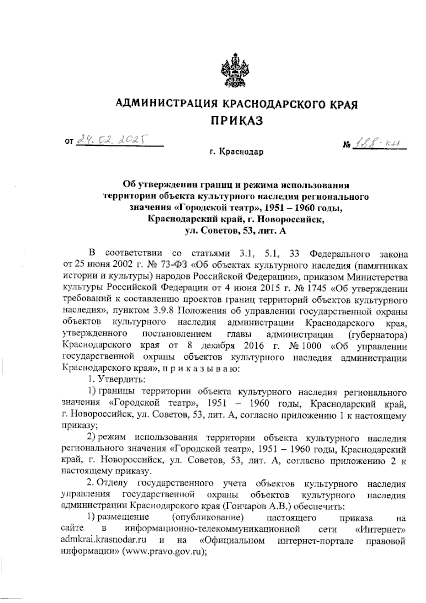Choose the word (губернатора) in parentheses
pyautogui.click(x=378, y=334)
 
